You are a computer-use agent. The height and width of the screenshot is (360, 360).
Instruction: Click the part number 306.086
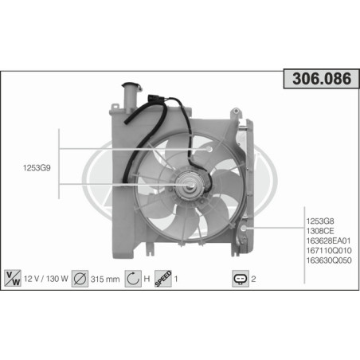pos(319,79)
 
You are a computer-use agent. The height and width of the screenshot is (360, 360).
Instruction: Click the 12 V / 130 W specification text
pos(46,280)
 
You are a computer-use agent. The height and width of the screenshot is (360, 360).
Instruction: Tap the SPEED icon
pos(162,279)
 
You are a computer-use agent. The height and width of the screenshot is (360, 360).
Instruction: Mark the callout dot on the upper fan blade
pos(209,148)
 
